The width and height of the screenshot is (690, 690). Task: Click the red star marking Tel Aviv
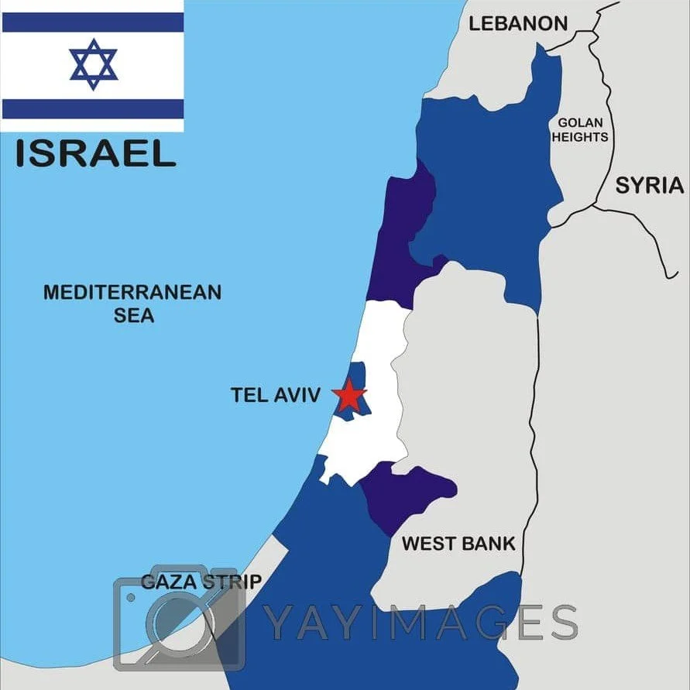[x=349, y=396]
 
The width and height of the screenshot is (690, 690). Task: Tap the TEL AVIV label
[x=275, y=395]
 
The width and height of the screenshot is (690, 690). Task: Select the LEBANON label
[x=518, y=23]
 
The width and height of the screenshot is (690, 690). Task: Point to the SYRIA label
[x=650, y=185]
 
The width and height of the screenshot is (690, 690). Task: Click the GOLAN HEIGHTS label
[x=580, y=129]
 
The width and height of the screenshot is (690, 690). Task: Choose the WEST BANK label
[x=458, y=544]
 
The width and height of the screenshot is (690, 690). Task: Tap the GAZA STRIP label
[x=201, y=582]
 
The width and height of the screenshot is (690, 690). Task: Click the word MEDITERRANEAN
[x=132, y=293]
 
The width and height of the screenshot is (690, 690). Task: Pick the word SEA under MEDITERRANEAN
[x=134, y=315]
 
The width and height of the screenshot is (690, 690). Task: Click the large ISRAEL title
[x=95, y=153]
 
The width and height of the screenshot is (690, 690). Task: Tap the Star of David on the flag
[x=93, y=64]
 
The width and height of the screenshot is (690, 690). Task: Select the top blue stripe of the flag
[x=93, y=22]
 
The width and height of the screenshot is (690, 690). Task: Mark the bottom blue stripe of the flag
[x=93, y=108]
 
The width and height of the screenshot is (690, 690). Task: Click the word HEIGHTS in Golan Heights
[x=580, y=137]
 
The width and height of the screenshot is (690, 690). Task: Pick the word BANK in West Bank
[x=488, y=544]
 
